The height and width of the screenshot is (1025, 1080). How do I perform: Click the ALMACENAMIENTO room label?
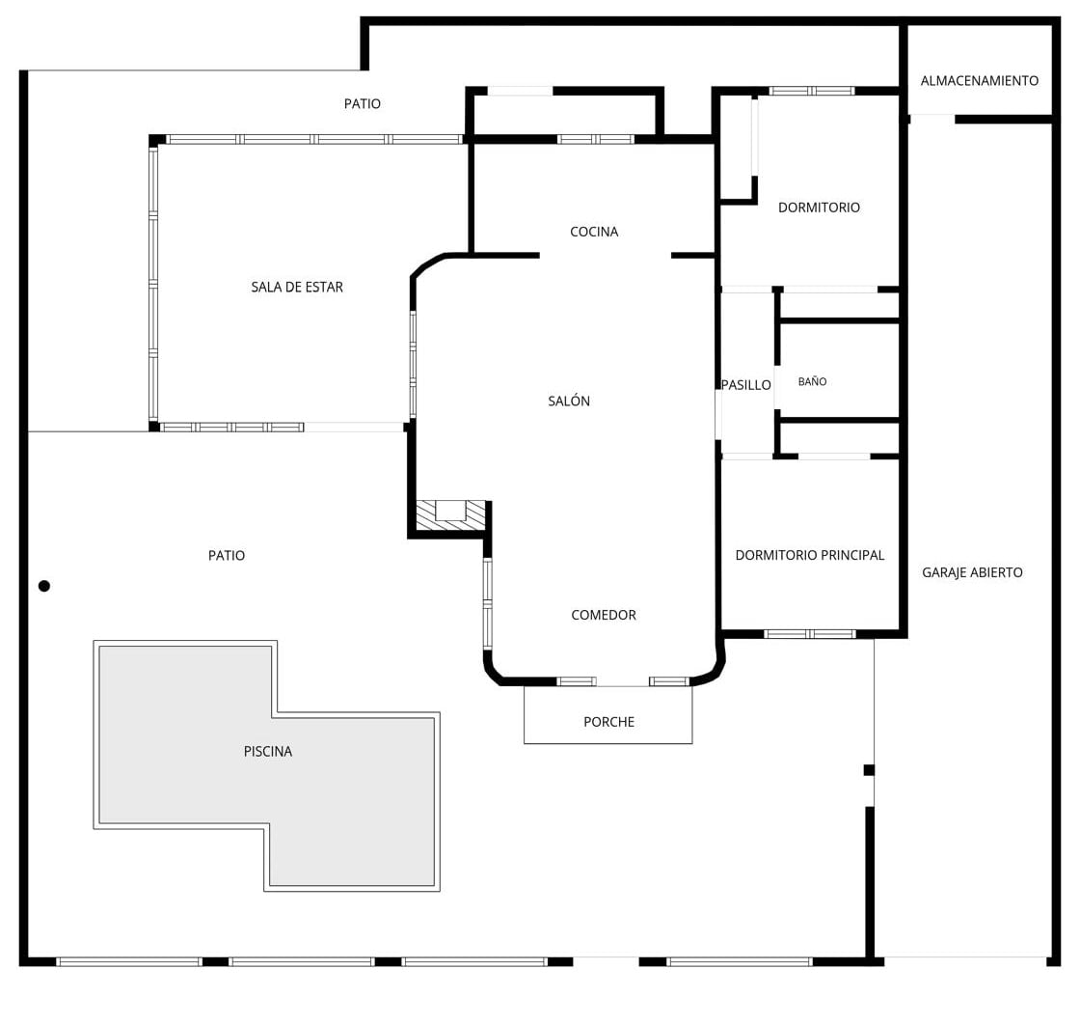click(x=980, y=81)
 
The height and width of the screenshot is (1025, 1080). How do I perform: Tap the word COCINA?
click(x=594, y=232)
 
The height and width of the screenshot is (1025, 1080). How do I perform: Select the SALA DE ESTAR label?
click(x=297, y=287)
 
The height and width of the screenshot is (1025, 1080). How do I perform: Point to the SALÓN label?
click(x=569, y=401)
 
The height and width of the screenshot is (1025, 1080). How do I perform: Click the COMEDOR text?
click(x=604, y=615)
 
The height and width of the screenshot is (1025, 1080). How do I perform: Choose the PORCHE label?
click(x=608, y=722)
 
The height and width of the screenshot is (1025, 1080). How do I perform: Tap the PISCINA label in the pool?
click(x=268, y=751)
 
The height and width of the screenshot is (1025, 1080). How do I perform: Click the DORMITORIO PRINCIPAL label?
click(x=809, y=555)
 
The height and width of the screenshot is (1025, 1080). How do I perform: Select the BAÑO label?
click(x=812, y=381)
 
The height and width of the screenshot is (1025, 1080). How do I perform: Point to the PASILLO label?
click(x=746, y=385)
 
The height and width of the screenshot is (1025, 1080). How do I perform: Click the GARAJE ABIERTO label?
click(x=972, y=572)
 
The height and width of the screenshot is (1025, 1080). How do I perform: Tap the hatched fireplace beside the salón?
click(x=451, y=515)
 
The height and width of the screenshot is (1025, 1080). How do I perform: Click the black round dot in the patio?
click(x=44, y=587)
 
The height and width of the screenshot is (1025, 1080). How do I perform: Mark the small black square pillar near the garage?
click(x=869, y=770)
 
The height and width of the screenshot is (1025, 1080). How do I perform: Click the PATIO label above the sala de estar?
click(x=363, y=103)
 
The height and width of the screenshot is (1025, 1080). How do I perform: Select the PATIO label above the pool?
click(x=227, y=555)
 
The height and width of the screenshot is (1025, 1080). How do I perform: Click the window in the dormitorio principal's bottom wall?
click(x=810, y=634)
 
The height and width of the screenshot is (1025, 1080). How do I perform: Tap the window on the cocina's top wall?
click(x=596, y=139)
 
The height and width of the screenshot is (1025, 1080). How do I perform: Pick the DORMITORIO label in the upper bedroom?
click(x=819, y=208)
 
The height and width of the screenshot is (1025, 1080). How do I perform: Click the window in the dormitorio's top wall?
click(x=812, y=91)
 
